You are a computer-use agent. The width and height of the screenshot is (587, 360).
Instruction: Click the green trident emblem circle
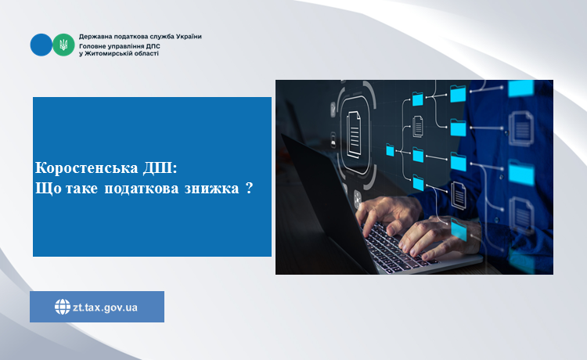pos(63,45)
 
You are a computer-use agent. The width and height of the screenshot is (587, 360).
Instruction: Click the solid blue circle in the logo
pos(41,45)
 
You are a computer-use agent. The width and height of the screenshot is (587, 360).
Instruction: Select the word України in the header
pos(189,36)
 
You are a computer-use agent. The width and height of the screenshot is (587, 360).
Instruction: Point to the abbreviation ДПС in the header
pos(153,46)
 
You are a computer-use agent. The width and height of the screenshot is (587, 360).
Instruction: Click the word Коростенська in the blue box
pos(86,167)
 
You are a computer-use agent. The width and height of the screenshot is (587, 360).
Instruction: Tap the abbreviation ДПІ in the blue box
pos(160,167)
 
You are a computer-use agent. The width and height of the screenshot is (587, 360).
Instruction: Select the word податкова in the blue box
pos(141,189)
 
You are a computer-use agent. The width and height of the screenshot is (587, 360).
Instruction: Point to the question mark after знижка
pos(250,188)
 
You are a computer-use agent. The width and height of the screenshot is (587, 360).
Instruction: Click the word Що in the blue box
pos(49,189)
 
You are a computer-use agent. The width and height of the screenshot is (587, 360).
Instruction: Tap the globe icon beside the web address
pos(63,307)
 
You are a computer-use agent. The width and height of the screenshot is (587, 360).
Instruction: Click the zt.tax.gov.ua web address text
pos(105,308)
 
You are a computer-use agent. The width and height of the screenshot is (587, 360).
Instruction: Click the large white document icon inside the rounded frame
pos(354,135)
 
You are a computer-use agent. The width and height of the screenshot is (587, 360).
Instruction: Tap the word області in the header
pos(147,53)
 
